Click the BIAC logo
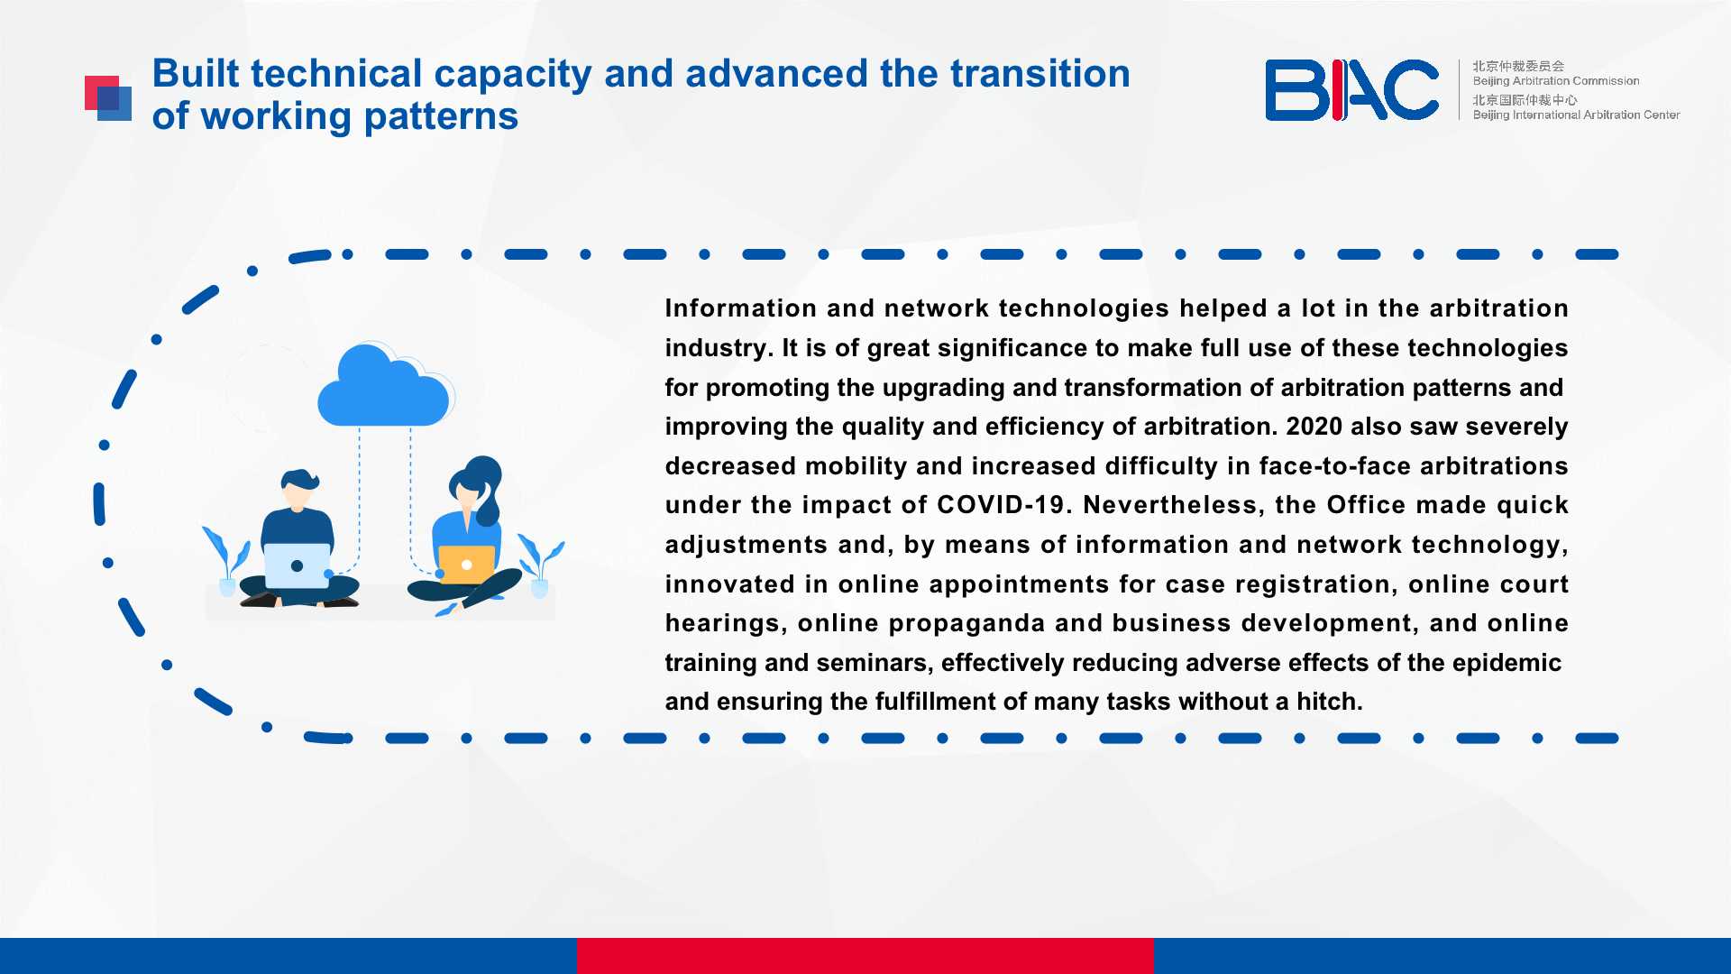1351,89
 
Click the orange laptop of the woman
466,565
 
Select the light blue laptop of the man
297,565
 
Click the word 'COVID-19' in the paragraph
1001,505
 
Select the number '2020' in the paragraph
1314,427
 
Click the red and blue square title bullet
108,98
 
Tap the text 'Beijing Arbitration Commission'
1556,81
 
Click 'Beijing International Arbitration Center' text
1576,115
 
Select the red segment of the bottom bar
865,956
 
